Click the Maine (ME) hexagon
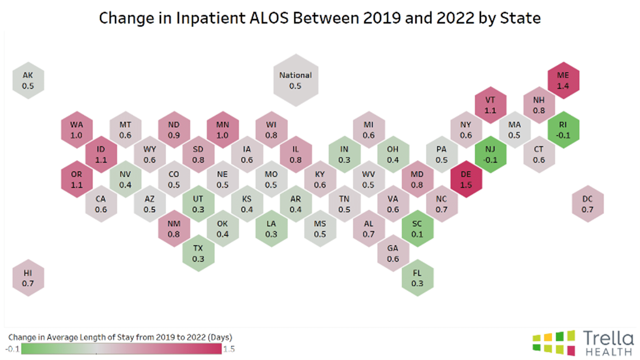point(563,81)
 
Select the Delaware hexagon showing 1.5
point(466,180)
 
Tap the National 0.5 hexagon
point(296,81)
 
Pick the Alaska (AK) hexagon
point(28,81)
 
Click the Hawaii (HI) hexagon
point(28,278)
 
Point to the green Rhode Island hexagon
point(563,130)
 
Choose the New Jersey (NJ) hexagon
point(490,154)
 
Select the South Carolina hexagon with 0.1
point(417,229)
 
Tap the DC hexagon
point(587,204)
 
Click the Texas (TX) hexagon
point(198,253)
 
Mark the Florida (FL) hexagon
point(417,278)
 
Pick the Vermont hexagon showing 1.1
point(490,105)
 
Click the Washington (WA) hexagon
point(77,130)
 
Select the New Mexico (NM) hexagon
point(174,229)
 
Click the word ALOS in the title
point(269,18)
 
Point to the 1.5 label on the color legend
point(229,349)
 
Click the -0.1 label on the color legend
point(12,349)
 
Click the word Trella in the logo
point(608,338)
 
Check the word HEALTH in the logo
point(608,352)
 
